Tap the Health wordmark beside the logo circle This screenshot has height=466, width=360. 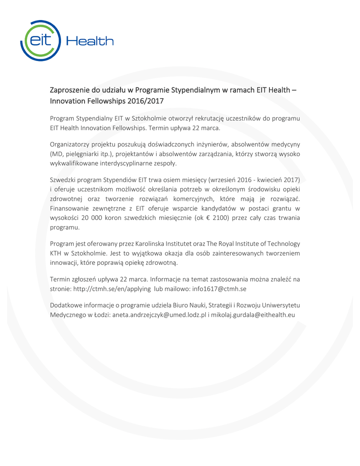click(90, 41)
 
